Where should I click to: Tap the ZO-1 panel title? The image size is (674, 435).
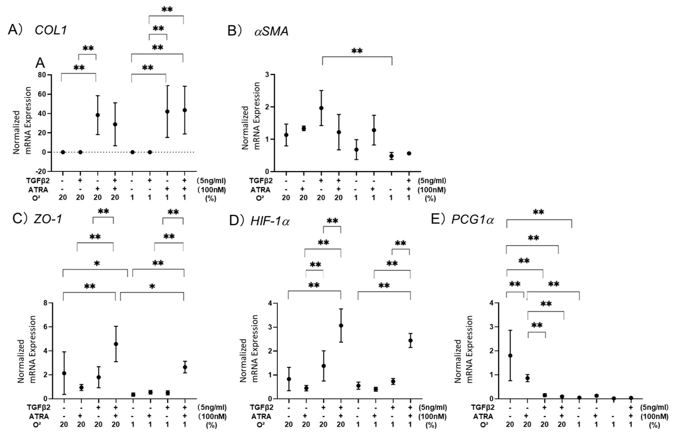[47, 219]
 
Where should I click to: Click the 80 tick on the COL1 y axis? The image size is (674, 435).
[42, 75]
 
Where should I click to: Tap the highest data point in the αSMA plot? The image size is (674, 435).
[321, 108]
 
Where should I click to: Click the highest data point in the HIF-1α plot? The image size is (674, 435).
[341, 325]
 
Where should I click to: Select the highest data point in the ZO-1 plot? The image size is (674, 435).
[116, 344]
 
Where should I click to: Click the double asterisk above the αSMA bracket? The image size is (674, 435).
[357, 51]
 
